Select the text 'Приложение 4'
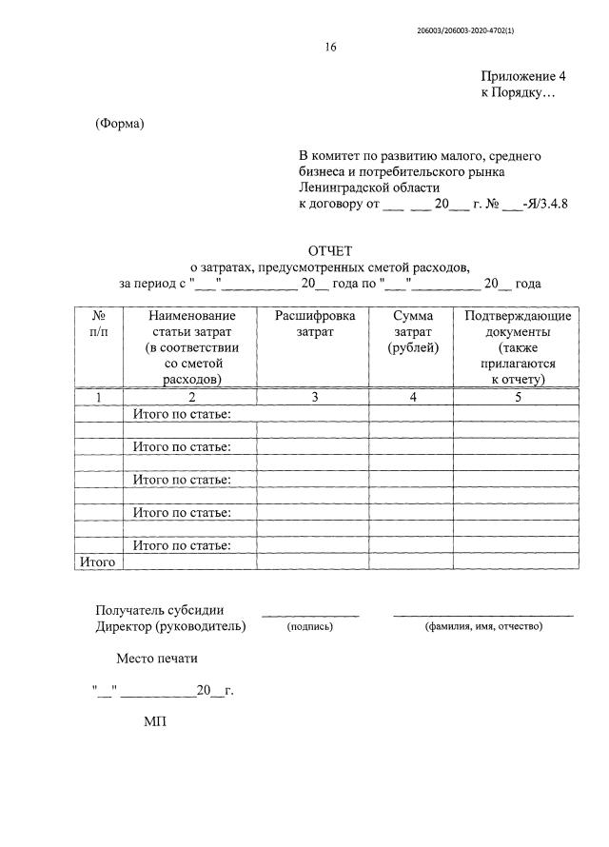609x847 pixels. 523,75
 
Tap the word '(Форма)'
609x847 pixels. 119,126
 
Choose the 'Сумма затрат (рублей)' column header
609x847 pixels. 412,331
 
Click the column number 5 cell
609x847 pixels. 517,397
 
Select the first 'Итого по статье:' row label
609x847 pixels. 182,414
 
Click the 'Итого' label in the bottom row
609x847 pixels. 97,562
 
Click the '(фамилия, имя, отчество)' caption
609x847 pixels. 483,627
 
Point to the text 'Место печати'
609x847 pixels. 158,658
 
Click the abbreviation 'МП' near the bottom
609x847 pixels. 155,723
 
